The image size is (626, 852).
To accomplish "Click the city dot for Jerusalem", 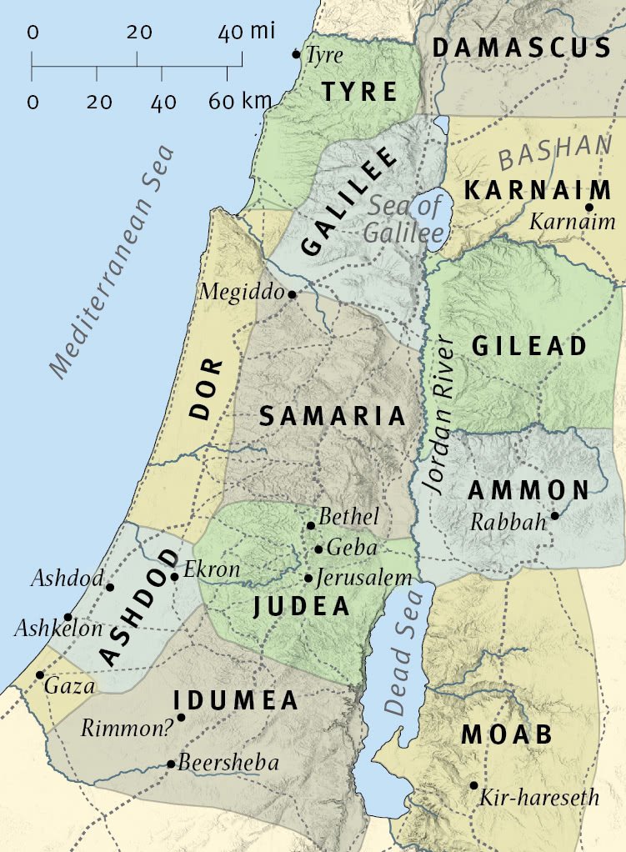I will [x=308, y=578].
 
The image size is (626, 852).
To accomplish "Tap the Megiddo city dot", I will [x=292, y=294].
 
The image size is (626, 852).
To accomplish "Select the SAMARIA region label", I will [x=332, y=416].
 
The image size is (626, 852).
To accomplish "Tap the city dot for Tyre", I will [x=296, y=54].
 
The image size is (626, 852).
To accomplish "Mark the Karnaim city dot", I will [x=588, y=208].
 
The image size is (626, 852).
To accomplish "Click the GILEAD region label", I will [x=529, y=346].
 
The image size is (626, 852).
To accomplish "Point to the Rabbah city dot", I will [x=554, y=516].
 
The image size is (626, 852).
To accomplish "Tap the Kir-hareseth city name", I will [x=539, y=798].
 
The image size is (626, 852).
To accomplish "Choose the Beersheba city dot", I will [x=171, y=764].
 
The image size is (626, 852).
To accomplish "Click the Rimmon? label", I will [x=127, y=728].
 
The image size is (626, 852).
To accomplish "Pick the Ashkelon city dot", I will [x=68, y=617].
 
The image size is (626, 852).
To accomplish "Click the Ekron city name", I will [x=211, y=570].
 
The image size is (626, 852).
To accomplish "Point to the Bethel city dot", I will [x=311, y=525].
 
